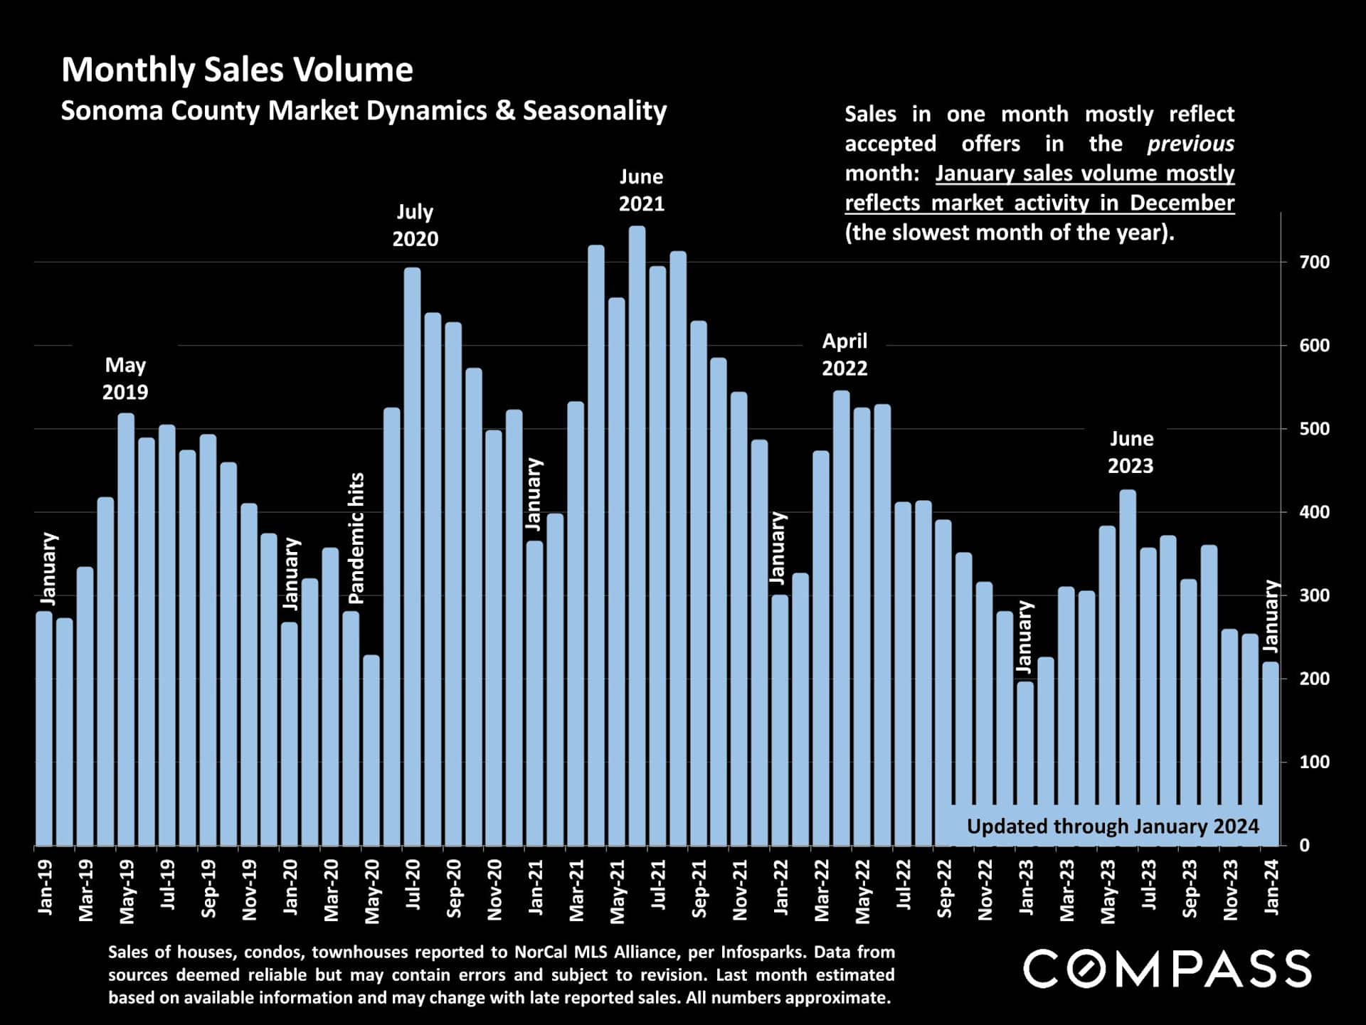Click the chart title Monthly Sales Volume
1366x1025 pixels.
pyautogui.click(x=237, y=70)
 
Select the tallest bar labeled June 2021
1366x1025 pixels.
pyautogui.click(x=637, y=533)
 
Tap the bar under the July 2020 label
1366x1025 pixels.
pyautogui.click(x=413, y=555)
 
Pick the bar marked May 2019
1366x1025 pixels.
pyautogui.click(x=126, y=626)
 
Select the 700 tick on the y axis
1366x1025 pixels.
pyautogui.click(x=1314, y=262)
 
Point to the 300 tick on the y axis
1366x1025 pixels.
pyautogui.click(x=1314, y=595)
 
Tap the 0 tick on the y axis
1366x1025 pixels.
pyautogui.click(x=1304, y=846)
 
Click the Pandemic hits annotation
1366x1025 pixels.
pyautogui.click(x=356, y=538)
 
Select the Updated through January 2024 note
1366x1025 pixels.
pyautogui.click(x=1112, y=827)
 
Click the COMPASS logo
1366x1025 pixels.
pyautogui.click(x=1167, y=969)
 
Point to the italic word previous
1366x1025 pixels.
pyautogui.click(x=1190, y=144)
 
